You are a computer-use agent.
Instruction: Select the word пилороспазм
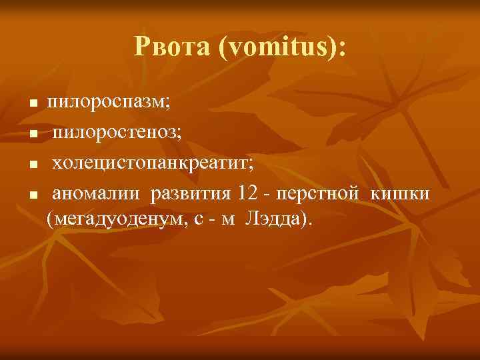(109, 103)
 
